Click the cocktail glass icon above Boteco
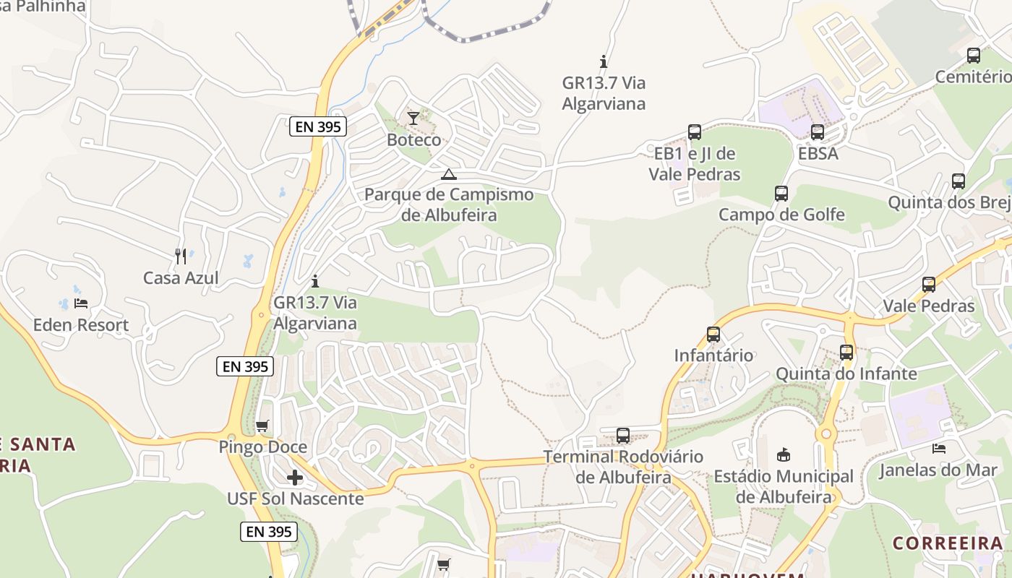(413, 118)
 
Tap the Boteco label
(414, 139)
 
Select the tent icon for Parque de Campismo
(449, 174)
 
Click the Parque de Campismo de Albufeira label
(449, 204)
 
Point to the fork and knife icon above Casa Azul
(181, 256)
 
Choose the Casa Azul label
(181, 278)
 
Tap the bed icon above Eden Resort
(81, 303)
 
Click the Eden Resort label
(81, 325)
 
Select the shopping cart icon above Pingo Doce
(262, 426)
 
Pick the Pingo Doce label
(263, 447)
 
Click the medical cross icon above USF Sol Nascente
(295, 478)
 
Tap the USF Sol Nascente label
(295, 499)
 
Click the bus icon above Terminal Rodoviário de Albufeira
(623, 436)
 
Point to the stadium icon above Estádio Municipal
(784, 454)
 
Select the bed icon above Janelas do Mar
(938, 449)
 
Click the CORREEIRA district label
(948, 543)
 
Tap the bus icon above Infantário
(713, 335)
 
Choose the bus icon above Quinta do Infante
(846, 353)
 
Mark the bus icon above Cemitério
(974, 55)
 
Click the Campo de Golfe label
(781, 215)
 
